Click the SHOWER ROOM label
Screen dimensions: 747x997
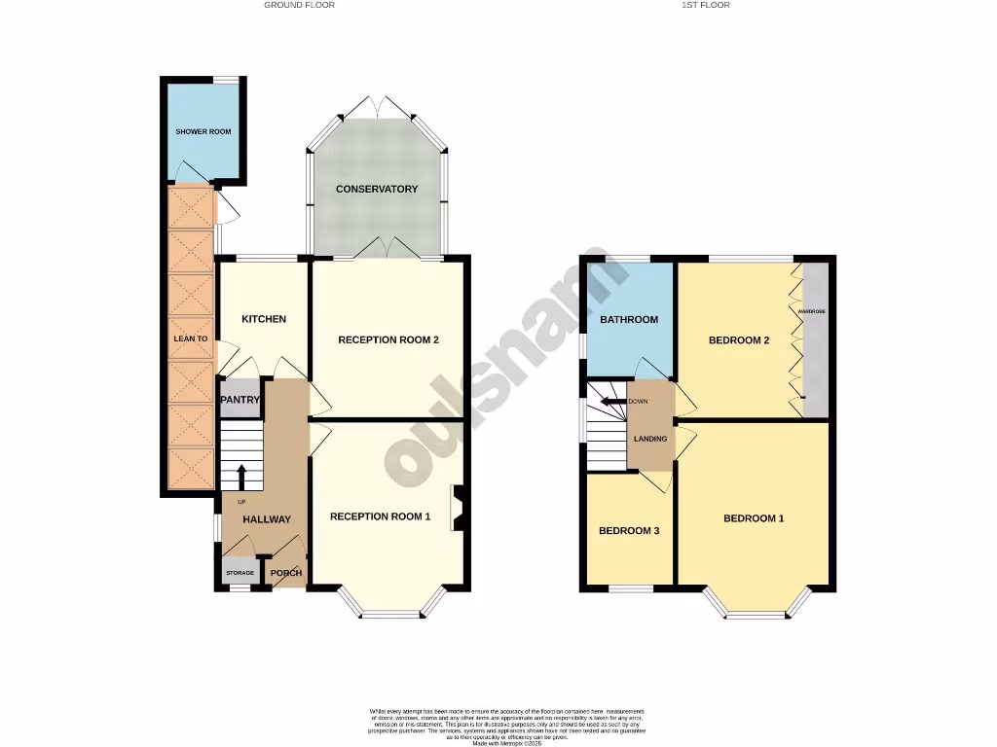[203, 131]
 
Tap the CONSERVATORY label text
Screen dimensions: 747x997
[377, 189]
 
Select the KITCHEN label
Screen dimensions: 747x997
[264, 319]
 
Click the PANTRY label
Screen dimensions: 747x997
[239, 400]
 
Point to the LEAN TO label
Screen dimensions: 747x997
[191, 338]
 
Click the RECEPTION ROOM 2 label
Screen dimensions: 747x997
[388, 339]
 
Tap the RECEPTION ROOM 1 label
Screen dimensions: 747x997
[380, 516]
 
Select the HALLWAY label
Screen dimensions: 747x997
[266, 519]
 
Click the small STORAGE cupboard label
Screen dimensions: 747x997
[240, 573]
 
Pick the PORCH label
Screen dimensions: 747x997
[285, 573]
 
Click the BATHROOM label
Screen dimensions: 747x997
[628, 319]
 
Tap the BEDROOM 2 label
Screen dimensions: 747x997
[739, 340]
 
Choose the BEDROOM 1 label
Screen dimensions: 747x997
[754, 518]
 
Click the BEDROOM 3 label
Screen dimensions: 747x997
[629, 531]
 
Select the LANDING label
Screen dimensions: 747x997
[650, 439]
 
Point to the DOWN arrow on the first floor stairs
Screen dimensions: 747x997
[613, 401]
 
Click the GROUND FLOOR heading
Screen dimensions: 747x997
[299, 5]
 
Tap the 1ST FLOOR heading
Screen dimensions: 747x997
[706, 5]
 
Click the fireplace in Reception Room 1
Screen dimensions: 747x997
[457, 508]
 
